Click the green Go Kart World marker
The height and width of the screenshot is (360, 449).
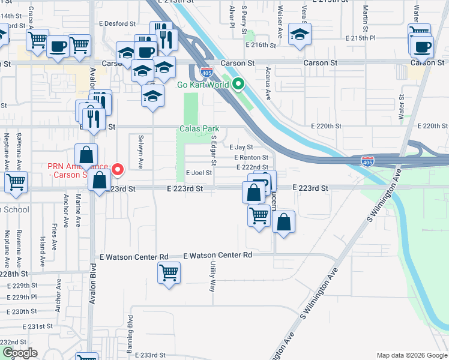238,84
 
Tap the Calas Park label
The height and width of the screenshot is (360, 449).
199,129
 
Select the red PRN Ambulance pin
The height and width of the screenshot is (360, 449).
118,169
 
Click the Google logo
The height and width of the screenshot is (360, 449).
19,353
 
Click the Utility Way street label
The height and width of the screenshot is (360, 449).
212,277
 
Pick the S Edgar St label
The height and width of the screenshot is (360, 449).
213,149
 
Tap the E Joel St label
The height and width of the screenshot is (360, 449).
199,172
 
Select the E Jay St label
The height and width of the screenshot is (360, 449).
241,147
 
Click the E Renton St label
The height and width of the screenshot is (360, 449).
251,157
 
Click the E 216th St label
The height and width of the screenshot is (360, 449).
261,45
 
